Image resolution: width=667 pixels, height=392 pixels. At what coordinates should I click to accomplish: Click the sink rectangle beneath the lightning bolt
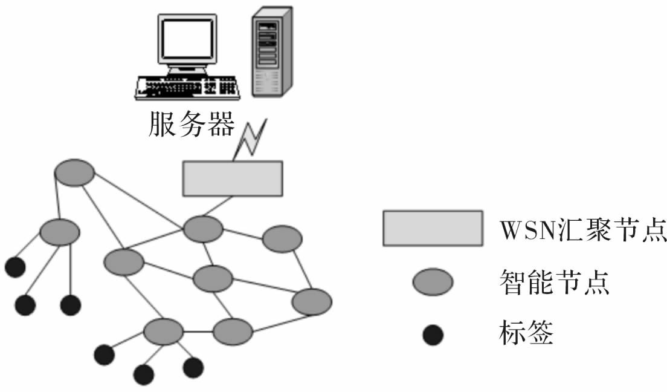(233, 178)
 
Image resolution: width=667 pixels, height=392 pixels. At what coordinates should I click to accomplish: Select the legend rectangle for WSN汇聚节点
(432, 228)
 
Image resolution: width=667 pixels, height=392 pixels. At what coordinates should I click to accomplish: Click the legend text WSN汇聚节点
(583, 230)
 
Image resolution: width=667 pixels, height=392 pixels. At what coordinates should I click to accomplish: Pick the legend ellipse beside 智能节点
(433, 281)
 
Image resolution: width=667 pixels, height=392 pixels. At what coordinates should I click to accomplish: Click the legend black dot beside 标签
(433, 334)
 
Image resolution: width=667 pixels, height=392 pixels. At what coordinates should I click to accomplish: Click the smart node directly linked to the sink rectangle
(203, 229)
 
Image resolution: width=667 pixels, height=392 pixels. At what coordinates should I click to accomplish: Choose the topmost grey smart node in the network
(74, 173)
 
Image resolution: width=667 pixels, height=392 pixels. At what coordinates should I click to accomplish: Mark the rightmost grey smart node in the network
(312, 301)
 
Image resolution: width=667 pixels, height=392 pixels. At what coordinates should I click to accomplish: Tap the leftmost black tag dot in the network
(14, 266)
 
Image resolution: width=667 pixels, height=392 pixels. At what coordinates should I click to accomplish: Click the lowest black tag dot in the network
(144, 375)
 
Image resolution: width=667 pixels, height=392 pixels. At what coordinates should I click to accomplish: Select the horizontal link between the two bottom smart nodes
(198, 332)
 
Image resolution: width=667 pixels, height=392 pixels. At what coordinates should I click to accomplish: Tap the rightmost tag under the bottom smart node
(193, 367)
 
